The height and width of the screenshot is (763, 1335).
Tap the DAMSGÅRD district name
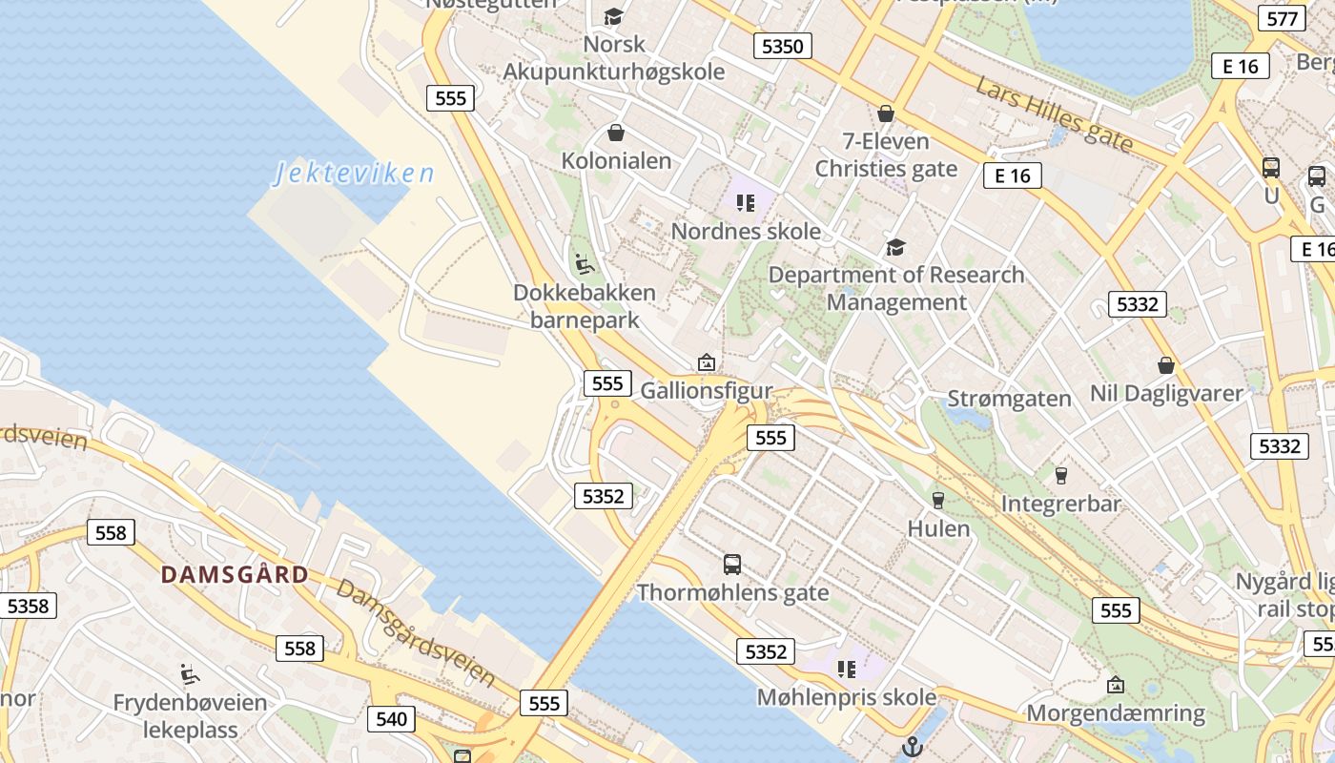point(235,574)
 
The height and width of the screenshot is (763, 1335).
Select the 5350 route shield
point(783,46)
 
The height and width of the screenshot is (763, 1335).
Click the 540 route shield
point(391,719)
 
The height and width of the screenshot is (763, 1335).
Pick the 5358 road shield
point(27,606)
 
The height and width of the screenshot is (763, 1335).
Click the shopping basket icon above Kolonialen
point(616,133)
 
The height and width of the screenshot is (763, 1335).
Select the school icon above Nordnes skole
point(746,202)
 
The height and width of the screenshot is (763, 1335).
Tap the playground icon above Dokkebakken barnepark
point(585,263)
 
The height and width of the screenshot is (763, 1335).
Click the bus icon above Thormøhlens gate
point(731,564)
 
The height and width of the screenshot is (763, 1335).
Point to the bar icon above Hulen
point(938,500)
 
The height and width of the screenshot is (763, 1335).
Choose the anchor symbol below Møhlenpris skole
point(913,746)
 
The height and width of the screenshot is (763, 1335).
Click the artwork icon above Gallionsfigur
point(707,362)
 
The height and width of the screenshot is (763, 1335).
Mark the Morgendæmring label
point(1116,712)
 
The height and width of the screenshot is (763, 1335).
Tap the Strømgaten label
point(1009,399)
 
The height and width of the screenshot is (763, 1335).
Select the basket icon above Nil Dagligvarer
point(1165,365)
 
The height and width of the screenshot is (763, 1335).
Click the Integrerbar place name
point(1060,504)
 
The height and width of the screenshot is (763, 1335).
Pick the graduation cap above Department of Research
point(895,248)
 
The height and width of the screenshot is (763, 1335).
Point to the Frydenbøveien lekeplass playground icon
point(190,674)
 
